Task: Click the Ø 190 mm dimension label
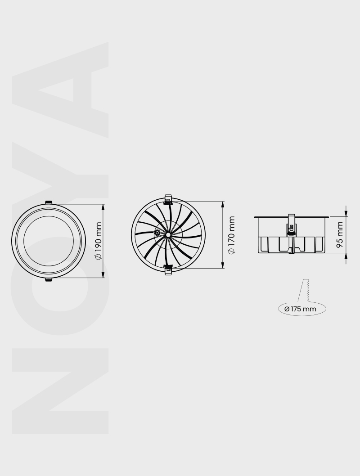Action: (98, 241)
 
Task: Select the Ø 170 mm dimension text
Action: (231, 235)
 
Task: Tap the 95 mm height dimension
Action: (340, 234)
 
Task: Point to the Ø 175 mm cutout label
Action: (301, 309)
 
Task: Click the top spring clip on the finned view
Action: (169, 199)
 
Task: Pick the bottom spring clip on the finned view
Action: (169, 270)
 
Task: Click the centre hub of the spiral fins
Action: (167, 234)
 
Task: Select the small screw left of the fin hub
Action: (157, 233)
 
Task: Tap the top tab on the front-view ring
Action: (48, 202)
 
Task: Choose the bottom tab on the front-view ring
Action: (48, 280)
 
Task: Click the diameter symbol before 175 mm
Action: (287, 309)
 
